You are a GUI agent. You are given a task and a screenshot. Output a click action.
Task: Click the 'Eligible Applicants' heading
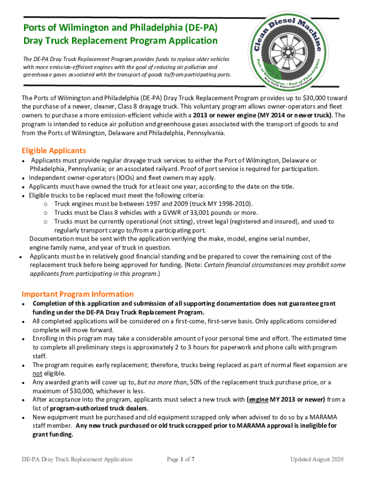pos(54,151)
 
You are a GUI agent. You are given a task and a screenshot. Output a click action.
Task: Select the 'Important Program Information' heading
pos(77,294)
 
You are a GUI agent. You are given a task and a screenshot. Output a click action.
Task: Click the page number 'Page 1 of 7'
pos(181,459)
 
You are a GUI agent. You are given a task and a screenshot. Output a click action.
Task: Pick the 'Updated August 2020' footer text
pos(317,459)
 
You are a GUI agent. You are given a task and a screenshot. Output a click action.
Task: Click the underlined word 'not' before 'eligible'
pos(37,373)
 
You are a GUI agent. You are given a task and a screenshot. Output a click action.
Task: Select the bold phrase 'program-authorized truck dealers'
pos(96,408)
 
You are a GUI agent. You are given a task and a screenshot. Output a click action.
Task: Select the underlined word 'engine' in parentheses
pos(258,399)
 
